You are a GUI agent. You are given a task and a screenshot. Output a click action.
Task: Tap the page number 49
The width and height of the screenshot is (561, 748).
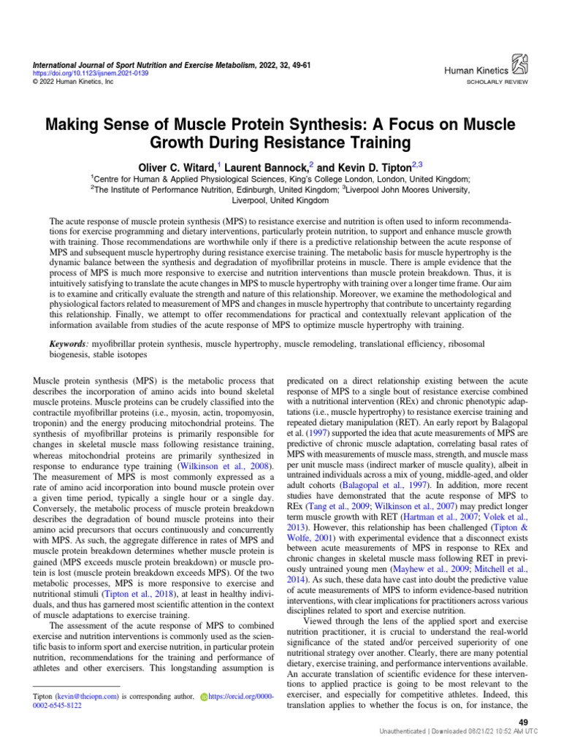(x=522, y=722)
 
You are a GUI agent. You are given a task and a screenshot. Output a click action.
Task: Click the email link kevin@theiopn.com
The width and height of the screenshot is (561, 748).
(x=80, y=696)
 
